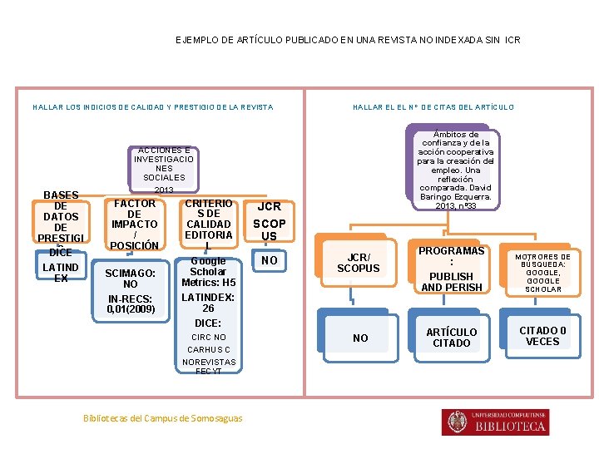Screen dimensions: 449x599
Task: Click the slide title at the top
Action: click(348, 39)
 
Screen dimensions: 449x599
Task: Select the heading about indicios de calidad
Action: click(152, 107)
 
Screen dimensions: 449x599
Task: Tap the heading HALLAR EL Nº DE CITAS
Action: click(433, 107)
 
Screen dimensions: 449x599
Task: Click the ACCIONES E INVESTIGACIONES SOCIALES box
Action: click(164, 164)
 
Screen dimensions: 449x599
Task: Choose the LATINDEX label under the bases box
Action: click(61, 273)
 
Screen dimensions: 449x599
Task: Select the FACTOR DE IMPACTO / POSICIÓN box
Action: click(135, 224)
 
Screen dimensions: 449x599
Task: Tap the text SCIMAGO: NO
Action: click(131, 279)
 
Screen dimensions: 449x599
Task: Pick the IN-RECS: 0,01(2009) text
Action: click(131, 304)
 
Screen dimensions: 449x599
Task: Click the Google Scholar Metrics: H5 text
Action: click(208, 272)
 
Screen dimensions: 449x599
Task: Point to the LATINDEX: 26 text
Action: click(208, 303)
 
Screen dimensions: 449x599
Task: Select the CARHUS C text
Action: click(208, 350)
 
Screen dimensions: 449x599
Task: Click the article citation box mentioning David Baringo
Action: click(455, 170)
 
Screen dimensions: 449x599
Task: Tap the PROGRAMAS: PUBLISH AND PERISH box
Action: click(452, 269)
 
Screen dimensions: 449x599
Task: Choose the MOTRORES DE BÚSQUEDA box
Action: click(542, 273)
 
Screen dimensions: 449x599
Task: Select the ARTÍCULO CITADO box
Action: click(452, 338)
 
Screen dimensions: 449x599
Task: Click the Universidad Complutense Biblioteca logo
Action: click(497, 422)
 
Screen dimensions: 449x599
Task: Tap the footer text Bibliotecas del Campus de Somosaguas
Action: click(163, 418)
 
